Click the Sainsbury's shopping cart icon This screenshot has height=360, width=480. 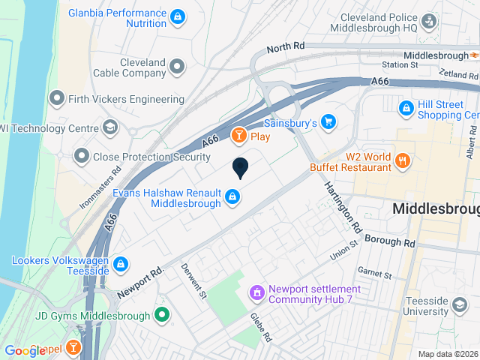pyautogui.click(x=328, y=121)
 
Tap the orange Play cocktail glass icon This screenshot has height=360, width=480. pyautogui.click(x=238, y=136)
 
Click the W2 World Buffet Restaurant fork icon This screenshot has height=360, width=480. pyautogui.click(x=403, y=159)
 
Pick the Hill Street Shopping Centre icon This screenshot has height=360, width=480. pyautogui.click(x=406, y=109)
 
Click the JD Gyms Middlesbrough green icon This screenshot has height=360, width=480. pyautogui.click(x=161, y=316)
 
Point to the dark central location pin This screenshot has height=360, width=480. pyautogui.click(x=240, y=168)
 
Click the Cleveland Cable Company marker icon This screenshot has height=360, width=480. pyautogui.click(x=177, y=67)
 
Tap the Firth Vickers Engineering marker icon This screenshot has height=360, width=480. pyautogui.click(x=57, y=98)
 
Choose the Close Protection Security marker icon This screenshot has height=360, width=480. pyautogui.click(x=81, y=157)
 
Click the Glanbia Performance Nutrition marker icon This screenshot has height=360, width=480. pyautogui.click(x=177, y=15)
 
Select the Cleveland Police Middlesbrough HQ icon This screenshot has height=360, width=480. pyautogui.click(x=428, y=22)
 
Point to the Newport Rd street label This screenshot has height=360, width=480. pyautogui.click(x=140, y=283)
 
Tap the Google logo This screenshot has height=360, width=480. pyautogui.click(x=25, y=350)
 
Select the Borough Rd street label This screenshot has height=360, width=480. pyautogui.click(x=389, y=241)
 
